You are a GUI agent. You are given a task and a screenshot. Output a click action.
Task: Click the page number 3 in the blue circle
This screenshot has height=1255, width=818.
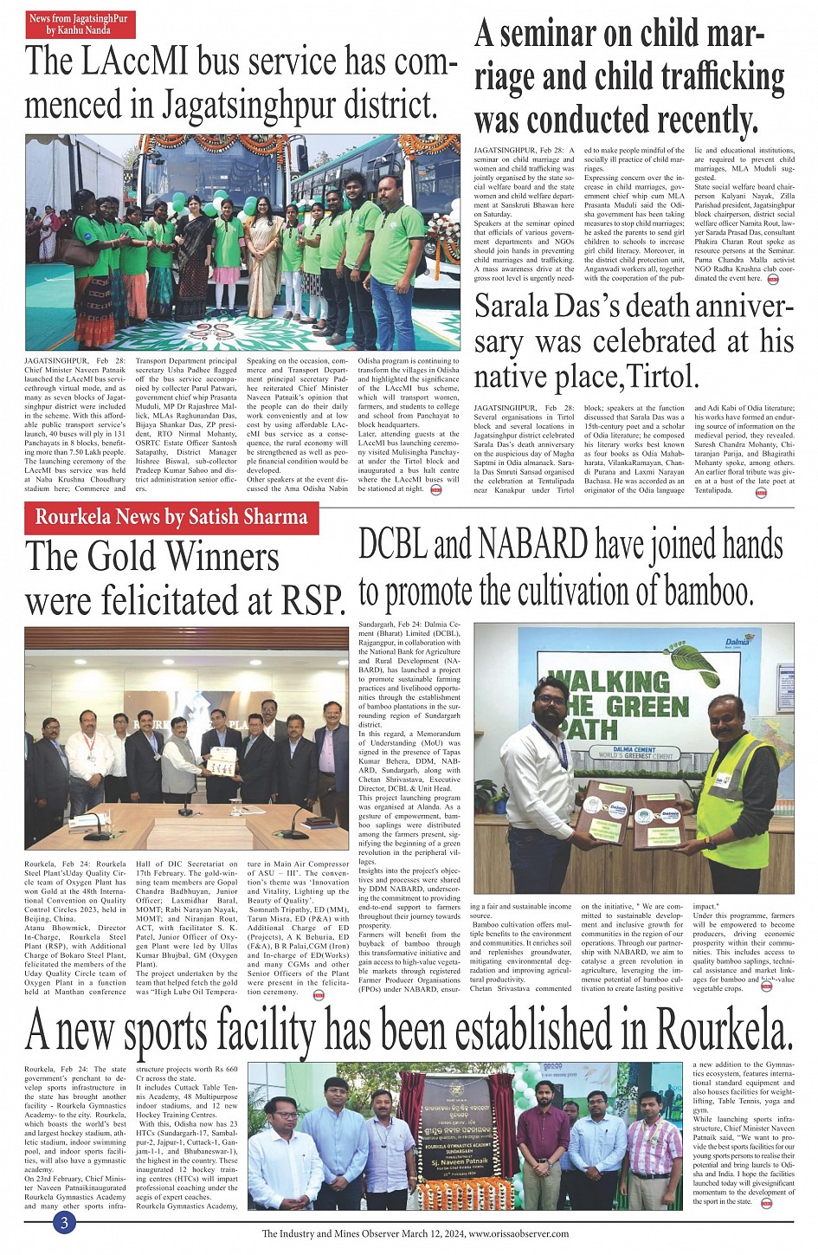coord(64,1223)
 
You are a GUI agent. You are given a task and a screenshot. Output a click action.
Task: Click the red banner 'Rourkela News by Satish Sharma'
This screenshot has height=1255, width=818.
coord(171,517)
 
